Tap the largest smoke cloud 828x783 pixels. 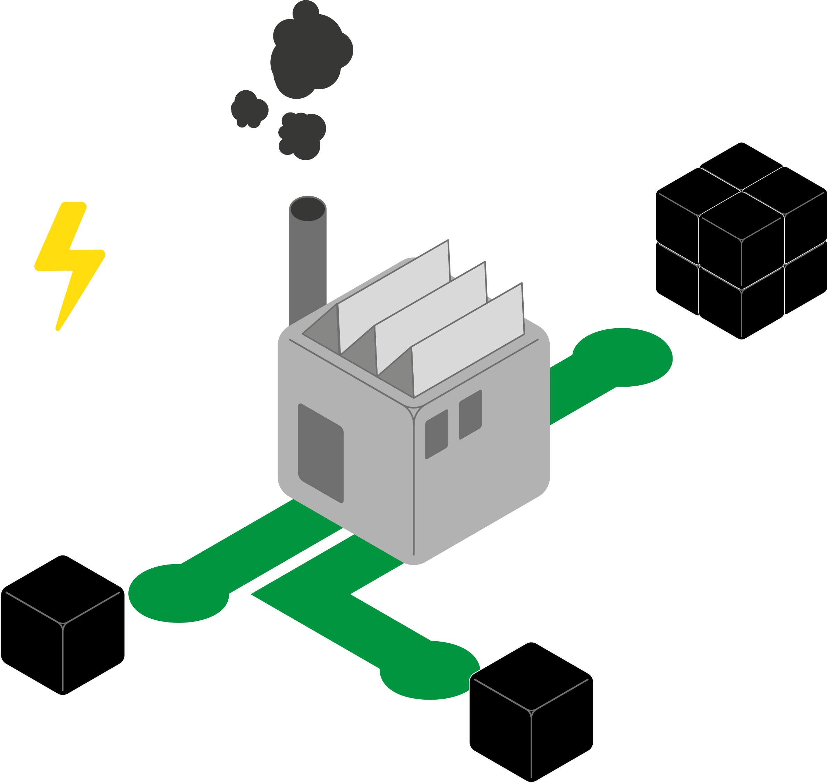(x=309, y=54)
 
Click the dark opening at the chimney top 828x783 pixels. (x=308, y=209)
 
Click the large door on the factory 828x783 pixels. (x=320, y=453)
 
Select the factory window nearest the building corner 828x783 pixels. (x=436, y=434)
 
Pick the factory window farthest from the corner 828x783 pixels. (x=470, y=414)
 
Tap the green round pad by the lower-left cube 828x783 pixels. (x=178, y=593)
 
